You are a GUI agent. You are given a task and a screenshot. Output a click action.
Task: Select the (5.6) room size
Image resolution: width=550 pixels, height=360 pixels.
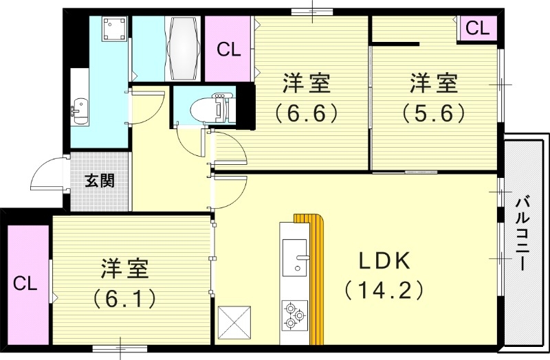434,111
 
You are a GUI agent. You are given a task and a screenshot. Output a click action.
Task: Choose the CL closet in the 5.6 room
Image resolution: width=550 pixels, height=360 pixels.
477,29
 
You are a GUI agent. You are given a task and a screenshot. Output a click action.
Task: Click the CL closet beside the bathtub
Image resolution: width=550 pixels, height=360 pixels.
229,49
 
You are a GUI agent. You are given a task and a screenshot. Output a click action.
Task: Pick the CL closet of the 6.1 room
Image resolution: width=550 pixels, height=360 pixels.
24,283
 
